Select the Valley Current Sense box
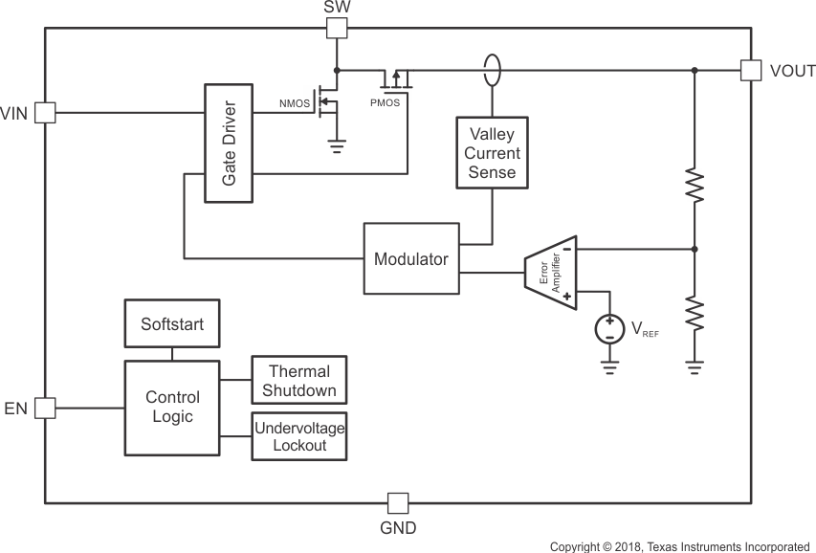[492, 153]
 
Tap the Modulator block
[411, 258]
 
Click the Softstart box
[172, 324]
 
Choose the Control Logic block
[172, 407]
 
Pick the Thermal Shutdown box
[298, 381]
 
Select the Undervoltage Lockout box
[298, 436]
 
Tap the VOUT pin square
[751, 70]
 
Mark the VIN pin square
[45, 113]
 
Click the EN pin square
[45, 409]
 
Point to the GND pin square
[397, 502]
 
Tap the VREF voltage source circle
[607, 330]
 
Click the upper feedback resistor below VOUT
[695, 187]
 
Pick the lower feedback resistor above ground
[695, 313]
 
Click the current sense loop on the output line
[492, 70]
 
